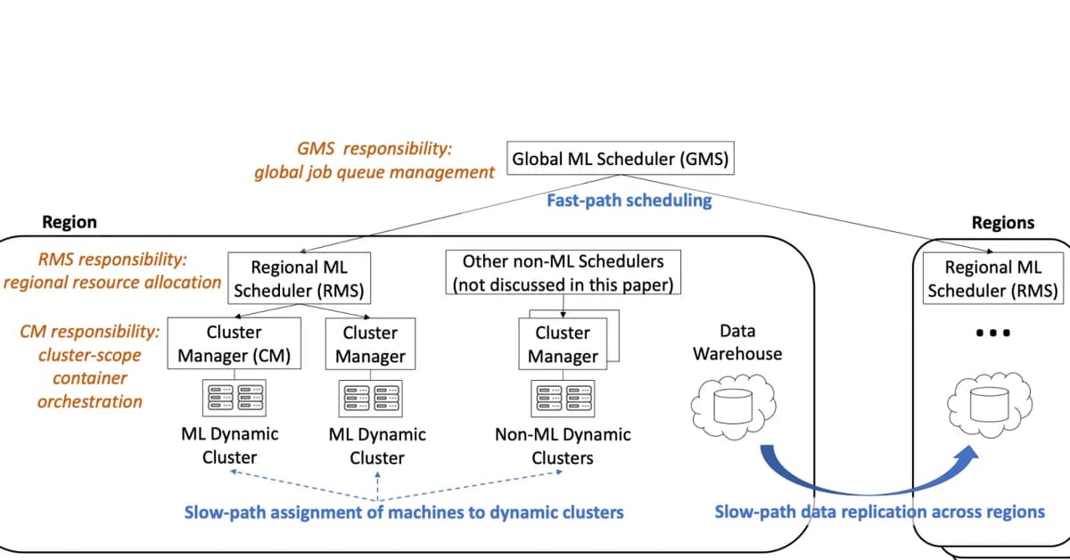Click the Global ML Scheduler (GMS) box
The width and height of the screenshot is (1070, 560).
[x=620, y=161]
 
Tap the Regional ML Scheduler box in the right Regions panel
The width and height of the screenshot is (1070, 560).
[x=992, y=278]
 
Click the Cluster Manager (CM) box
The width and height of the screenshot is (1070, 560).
[x=234, y=344]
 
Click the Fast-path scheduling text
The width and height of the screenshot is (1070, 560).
[x=629, y=201]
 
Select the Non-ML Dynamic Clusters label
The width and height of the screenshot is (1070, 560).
[x=562, y=446]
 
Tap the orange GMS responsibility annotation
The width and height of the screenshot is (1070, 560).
[x=374, y=161]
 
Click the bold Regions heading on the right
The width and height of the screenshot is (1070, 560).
[x=1002, y=222]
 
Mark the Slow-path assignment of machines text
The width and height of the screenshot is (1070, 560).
[x=403, y=513]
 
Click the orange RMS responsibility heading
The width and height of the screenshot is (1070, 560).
[x=112, y=260]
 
